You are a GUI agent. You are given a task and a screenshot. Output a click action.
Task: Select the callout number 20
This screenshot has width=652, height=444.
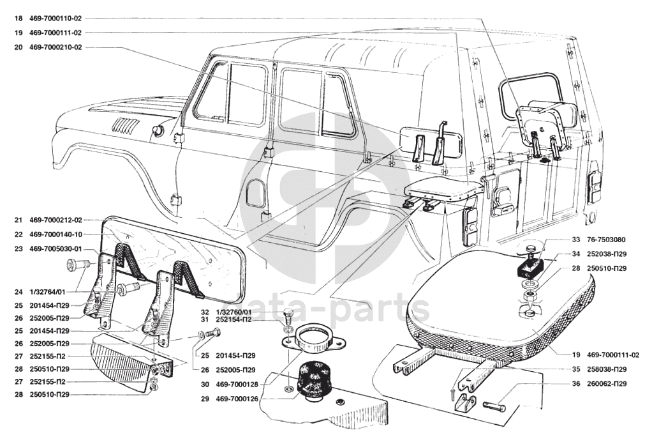click(17, 47)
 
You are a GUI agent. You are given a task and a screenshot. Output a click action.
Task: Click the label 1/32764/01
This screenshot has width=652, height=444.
click(48, 292)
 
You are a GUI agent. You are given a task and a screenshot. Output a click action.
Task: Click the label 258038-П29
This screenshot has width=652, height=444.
click(591, 369)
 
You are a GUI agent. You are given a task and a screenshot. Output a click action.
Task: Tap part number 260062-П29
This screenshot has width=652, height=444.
click(591, 384)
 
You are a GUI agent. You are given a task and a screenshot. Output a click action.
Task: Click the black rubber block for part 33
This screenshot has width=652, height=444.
click(529, 263)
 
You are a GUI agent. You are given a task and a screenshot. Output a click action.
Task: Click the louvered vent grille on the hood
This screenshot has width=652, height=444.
click(125, 126)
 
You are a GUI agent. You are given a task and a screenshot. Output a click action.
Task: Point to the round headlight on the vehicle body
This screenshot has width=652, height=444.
click(156, 131)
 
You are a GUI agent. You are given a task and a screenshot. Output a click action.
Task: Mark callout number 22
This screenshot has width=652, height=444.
click(17, 234)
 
